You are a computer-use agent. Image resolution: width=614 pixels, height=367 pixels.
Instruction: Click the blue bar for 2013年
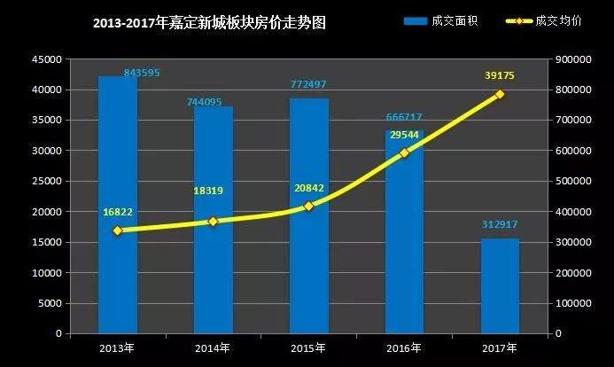click(117, 205)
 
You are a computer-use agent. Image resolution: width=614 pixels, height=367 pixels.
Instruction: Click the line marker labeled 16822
click(117, 230)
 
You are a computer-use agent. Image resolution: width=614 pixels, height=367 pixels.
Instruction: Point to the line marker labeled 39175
click(500, 94)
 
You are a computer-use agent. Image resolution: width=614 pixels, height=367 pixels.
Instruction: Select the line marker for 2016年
click(404, 152)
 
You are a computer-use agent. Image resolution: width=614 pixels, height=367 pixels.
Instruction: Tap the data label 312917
click(500, 225)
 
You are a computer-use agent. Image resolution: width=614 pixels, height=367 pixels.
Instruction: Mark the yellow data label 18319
click(212, 191)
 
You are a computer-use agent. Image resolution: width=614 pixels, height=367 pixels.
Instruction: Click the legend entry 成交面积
click(440, 20)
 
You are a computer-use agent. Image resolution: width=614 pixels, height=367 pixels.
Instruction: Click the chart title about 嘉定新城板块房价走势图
click(209, 23)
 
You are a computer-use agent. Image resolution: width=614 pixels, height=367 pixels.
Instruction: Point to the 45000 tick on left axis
click(49, 59)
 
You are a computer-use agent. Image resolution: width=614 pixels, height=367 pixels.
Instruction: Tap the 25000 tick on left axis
click(49, 181)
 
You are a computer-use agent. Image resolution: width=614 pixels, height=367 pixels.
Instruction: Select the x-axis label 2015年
click(308, 347)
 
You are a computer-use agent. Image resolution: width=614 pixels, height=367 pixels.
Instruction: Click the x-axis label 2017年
click(500, 347)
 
